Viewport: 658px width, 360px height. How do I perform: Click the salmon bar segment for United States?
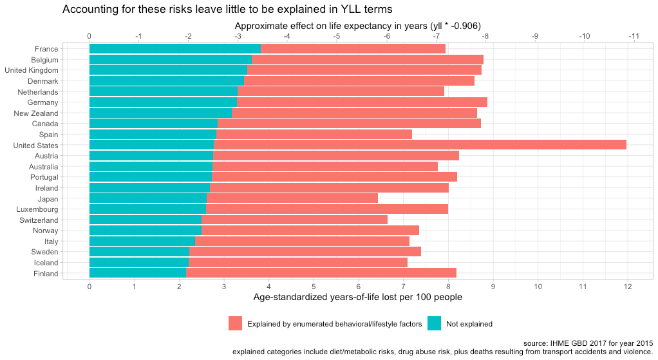(420, 145)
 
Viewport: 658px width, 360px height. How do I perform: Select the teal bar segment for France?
(174, 48)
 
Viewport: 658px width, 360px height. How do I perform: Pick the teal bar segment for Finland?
(137, 274)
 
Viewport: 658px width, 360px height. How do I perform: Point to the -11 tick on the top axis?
(634, 36)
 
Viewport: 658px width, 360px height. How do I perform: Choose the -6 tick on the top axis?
(386, 36)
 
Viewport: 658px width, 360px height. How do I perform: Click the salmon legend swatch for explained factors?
(236, 324)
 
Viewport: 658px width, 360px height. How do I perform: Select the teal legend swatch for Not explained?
(435, 324)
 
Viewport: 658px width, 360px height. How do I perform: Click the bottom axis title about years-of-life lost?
(358, 298)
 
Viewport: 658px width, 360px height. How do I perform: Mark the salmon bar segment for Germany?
(362, 102)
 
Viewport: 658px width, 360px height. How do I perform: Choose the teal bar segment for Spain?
(153, 134)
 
